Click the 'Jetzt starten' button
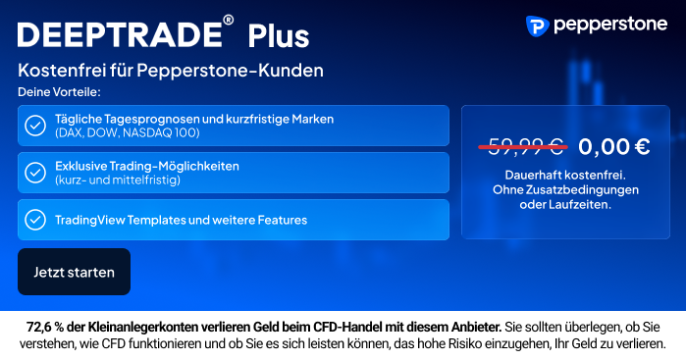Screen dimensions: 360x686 pyautogui.click(x=74, y=272)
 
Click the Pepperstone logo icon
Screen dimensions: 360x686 pyautogui.click(x=537, y=26)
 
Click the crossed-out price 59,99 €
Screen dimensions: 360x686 pyautogui.click(x=520, y=147)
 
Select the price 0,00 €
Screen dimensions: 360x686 pyautogui.click(x=613, y=147)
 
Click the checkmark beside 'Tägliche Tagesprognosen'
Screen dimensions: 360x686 pyautogui.click(x=35, y=126)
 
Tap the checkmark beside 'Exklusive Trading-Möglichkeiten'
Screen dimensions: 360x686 pyautogui.click(x=35, y=173)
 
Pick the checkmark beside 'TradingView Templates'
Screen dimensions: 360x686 pyautogui.click(x=35, y=220)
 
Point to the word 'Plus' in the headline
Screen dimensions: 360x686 pyautogui.click(x=278, y=36)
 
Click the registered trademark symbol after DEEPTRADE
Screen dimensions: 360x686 pyautogui.click(x=229, y=21)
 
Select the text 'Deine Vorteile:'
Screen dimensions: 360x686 pyautogui.click(x=59, y=92)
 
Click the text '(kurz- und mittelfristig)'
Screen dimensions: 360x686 pyautogui.click(x=118, y=180)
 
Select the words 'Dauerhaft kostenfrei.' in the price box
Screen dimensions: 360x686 pyautogui.click(x=565, y=176)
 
